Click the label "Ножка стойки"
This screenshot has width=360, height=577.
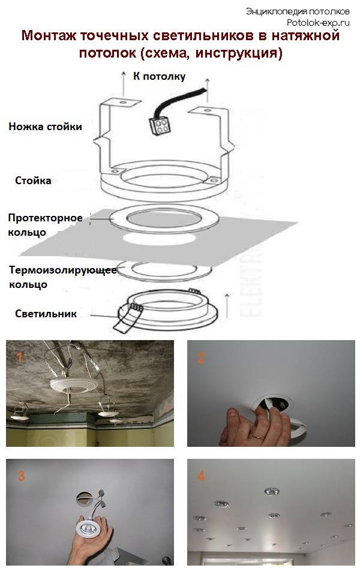coord(45,127)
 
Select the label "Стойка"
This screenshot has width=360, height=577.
coord(34,181)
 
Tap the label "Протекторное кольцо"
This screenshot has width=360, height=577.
coord(44,224)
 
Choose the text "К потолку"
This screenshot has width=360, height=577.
coord(159,76)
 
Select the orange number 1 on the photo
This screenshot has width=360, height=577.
coord(19,358)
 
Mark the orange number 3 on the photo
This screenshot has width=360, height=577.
coord(21,476)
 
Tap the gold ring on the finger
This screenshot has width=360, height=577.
coord(256,439)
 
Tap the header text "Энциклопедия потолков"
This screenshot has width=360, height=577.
coord(297,11)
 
